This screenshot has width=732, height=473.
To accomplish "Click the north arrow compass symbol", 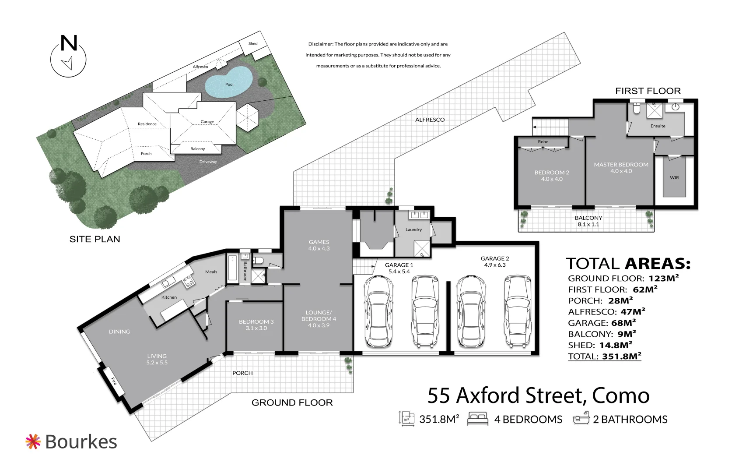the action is click(x=68, y=56).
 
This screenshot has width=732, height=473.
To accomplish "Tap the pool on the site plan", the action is click(x=229, y=82).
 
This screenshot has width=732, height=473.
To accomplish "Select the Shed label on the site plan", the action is click(x=253, y=43).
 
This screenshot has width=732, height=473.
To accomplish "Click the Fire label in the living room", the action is click(x=114, y=381).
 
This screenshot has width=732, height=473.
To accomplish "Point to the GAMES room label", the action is click(x=319, y=242).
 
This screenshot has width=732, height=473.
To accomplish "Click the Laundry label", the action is click(x=414, y=229).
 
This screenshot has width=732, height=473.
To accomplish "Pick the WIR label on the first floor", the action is click(x=675, y=178).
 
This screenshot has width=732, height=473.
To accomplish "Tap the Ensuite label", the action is click(x=658, y=126).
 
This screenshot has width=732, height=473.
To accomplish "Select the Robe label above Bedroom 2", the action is click(x=543, y=141).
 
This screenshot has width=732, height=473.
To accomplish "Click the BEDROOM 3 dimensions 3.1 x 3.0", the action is click(x=256, y=328).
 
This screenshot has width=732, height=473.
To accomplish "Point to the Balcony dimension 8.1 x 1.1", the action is click(x=588, y=224).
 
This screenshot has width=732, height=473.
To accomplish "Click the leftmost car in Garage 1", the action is click(x=378, y=311).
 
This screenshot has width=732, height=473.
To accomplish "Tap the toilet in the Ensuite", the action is click(x=637, y=109).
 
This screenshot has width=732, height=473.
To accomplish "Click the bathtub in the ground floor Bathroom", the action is click(x=232, y=268).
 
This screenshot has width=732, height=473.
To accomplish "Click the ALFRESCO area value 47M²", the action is click(x=633, y=311).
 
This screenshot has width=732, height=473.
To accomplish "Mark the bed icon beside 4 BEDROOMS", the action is click(x=478, y=419).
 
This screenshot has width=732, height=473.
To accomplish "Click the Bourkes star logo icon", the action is click(x=33, y=441).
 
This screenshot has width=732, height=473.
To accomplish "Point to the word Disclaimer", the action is click(x=320, y=44).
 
